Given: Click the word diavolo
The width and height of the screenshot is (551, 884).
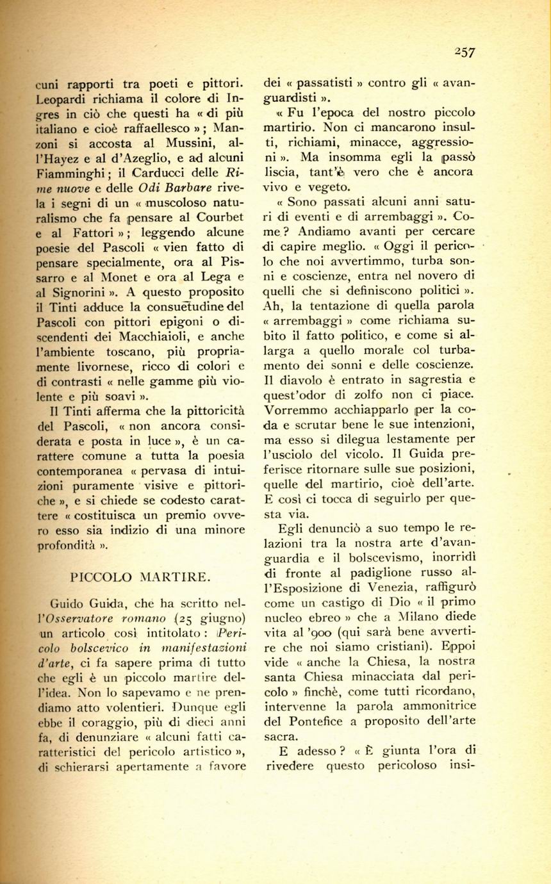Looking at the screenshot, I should pos(302,378).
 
